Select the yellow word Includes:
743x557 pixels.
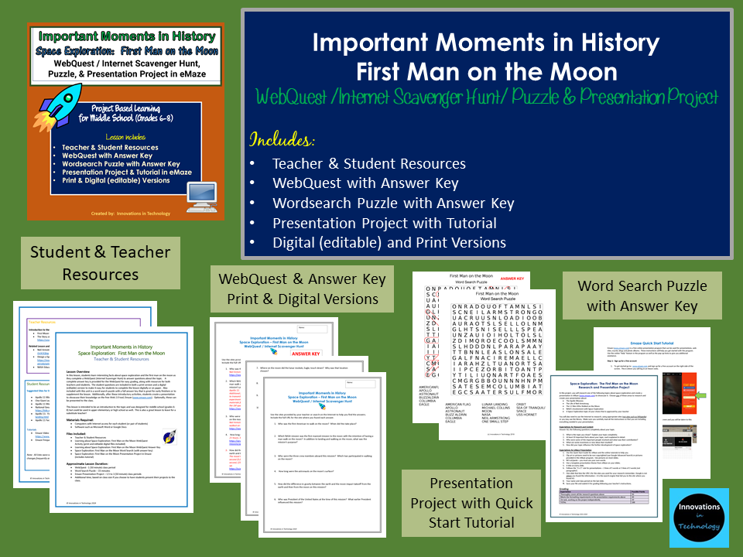281,140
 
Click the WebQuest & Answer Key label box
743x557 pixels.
298,289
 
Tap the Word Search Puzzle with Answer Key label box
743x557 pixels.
642,296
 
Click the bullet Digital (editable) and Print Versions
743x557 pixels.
389,243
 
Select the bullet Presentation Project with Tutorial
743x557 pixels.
384,224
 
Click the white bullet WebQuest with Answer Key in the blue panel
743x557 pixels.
365,183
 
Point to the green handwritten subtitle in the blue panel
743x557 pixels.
487,98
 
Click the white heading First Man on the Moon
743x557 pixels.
487,72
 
